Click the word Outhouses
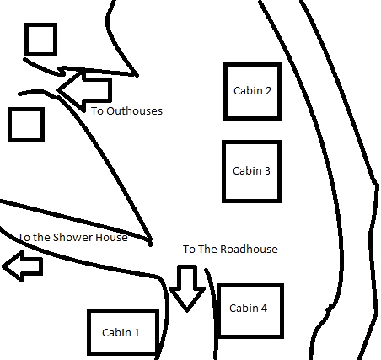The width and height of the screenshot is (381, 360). [x=135, y=111]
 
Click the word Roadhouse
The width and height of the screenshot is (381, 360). [x=249, y=250]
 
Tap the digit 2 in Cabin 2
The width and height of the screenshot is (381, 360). [x=268, y=91]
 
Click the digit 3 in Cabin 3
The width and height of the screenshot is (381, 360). [x=267, y=171]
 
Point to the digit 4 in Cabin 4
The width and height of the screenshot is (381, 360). [x=264, y=309]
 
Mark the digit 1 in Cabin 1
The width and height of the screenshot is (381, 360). [x=137, y=333]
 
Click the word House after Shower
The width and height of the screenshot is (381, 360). [x=112, y=238]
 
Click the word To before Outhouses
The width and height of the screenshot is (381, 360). [x=97, y=111]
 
